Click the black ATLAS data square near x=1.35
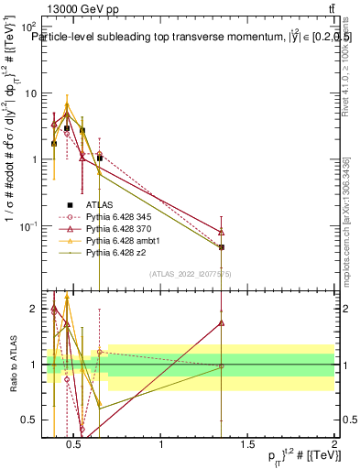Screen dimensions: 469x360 point(222,247)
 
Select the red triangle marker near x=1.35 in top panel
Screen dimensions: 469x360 point(222,232)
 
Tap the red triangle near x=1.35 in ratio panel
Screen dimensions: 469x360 point(222,323)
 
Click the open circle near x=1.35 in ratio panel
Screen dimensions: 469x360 point(222,366)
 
